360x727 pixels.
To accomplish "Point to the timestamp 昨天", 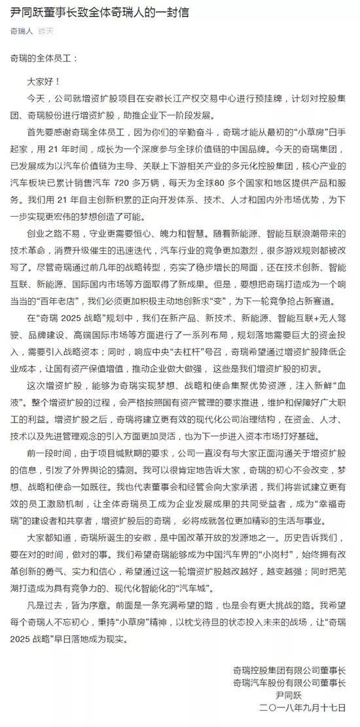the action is pyautogui.click(x=46, y=31).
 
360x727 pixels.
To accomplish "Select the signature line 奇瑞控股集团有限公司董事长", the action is pyautogui.click(x=289, y=671).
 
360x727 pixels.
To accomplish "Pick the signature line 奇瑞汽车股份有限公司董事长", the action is pyautogui.click(x=289, y=682).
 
